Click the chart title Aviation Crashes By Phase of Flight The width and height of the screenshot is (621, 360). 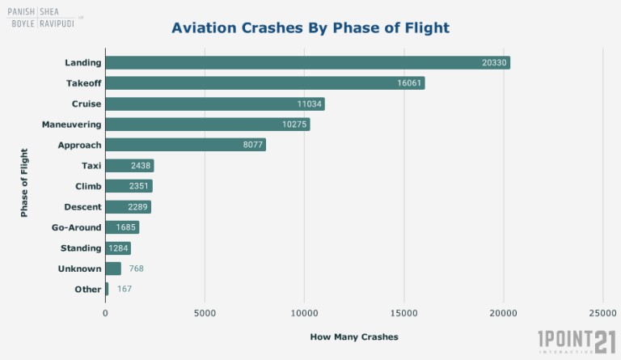click(x=310, y=28)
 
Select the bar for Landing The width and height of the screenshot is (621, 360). click(x=307, y=62)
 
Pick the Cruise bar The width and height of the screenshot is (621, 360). click(x=214, y=104)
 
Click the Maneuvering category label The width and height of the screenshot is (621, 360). click(x=71, y=125)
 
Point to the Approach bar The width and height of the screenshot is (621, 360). click(x=185, y=145)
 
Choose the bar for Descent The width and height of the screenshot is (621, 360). click(x=128, y=207)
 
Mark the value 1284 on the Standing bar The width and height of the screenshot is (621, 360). click(x=119, y=248)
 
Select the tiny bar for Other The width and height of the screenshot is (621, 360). click(x=107, y=289)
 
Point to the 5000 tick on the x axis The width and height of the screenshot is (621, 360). click(x=205, y=311)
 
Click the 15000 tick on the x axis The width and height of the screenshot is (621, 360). click(x=403, y=311)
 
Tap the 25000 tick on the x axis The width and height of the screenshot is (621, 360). click(x=602, y=311)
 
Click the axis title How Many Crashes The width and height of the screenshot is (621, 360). click(x=354, y=337)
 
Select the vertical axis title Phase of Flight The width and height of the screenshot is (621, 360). click(x=24, y=182)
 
